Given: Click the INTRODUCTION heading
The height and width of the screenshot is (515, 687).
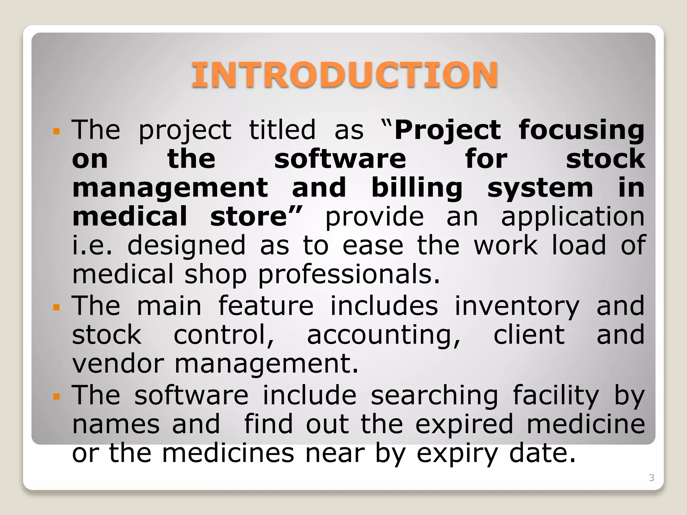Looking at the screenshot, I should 345,75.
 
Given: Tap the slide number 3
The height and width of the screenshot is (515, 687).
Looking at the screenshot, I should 651,478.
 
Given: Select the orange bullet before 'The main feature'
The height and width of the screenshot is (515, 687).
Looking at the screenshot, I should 56,307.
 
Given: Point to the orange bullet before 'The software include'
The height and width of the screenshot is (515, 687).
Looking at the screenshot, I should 56,397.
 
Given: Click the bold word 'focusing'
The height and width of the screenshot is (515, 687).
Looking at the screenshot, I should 581,130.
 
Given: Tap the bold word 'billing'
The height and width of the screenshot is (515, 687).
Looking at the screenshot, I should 417,188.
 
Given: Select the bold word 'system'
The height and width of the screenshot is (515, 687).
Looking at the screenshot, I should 540,188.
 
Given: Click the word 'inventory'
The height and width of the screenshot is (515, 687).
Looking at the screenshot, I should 517,307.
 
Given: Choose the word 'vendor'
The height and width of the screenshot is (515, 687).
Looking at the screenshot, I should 118,364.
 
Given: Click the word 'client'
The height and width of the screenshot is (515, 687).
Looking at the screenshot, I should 529,335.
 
